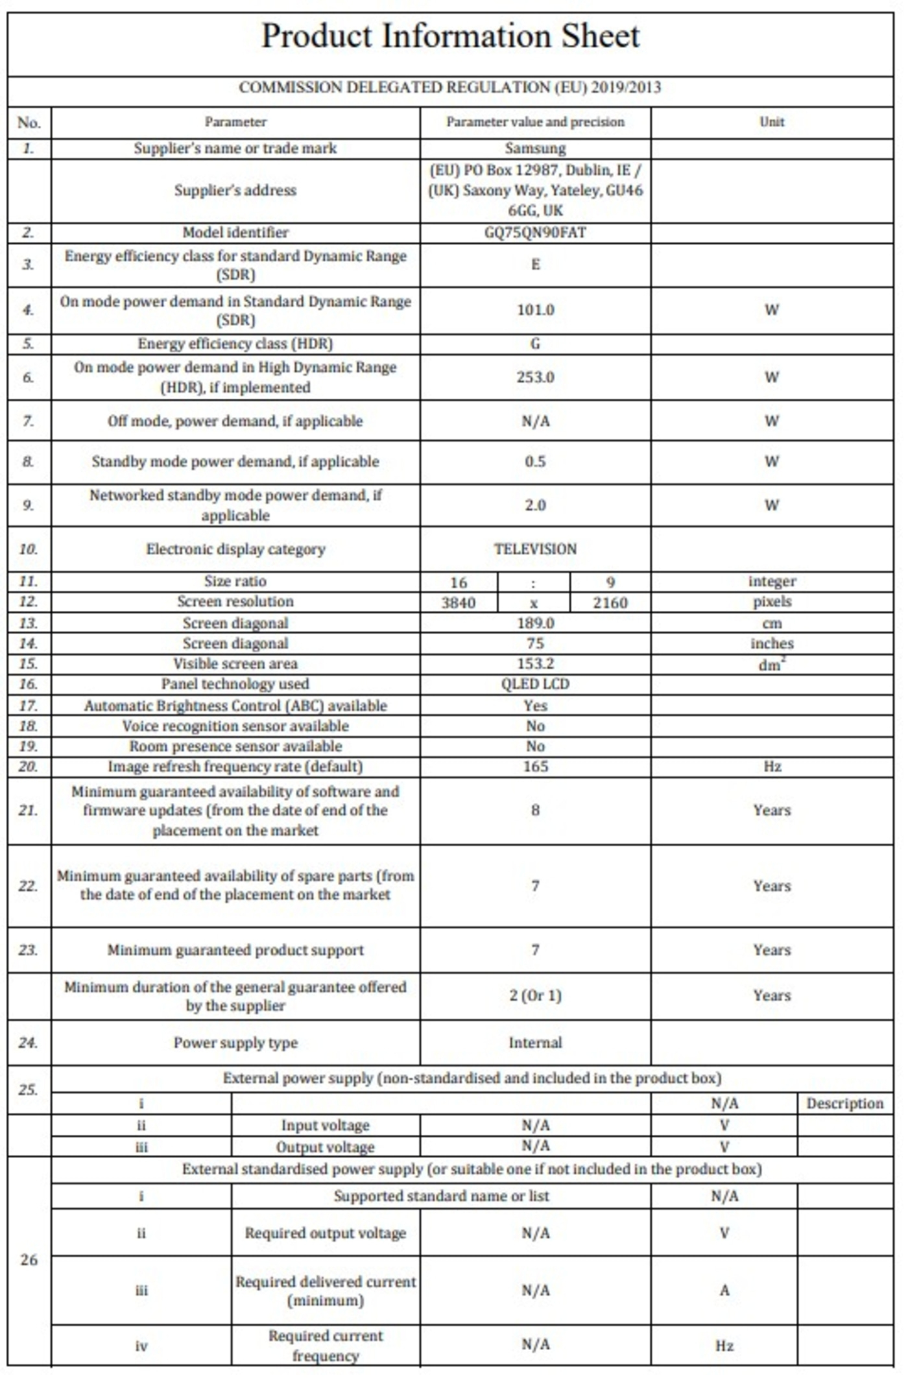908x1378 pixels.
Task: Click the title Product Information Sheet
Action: [x=450, y=36]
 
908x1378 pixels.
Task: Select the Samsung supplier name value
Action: [x=535, y=148]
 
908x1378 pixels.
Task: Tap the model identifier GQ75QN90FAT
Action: [x=535, y=233]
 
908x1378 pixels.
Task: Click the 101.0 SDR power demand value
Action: [x=535, y=310]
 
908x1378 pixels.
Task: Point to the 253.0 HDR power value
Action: [x=535, y=377]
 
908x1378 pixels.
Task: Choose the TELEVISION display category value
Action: [x=535, y=549]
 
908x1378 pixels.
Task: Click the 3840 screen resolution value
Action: [x=459, y=602]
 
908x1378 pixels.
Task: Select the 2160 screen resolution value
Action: [x=610, y=602]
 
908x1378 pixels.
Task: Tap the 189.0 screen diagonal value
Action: [x=535, y=623]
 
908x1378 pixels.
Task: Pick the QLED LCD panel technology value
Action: [x=535, y=684]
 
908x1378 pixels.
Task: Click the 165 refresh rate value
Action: [x=535, y=766]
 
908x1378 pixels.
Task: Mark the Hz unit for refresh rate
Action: [x=772, y=766]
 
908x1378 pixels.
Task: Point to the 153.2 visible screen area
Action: [x=535, y=664]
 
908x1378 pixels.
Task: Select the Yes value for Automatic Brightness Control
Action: [x=535, y=706]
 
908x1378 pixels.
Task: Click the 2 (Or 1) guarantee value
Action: [x=535, y=995]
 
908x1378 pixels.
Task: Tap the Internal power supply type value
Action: [x=535, y=1043]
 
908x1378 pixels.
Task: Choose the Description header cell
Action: [x=844, y=1104]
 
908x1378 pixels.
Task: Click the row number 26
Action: [x=29, y=1260]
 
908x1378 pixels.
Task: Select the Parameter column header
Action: [x=235, y=122]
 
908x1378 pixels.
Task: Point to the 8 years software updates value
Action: [x=535, y=811]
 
